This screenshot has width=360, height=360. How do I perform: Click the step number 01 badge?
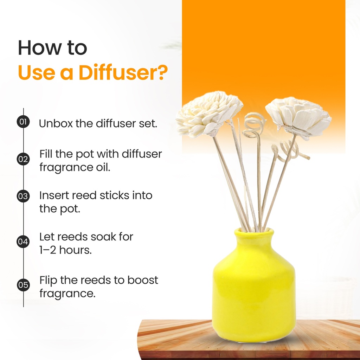coord(23,122)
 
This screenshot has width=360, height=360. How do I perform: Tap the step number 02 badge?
coord(23,159)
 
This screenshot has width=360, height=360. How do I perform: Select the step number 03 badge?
coord(23,196)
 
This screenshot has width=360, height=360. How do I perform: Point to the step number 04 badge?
coord(23,242)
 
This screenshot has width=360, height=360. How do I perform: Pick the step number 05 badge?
coord(23,285)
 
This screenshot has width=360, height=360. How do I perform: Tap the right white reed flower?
coord(298,117)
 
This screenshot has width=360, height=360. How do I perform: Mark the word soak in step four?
coord(103,237)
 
